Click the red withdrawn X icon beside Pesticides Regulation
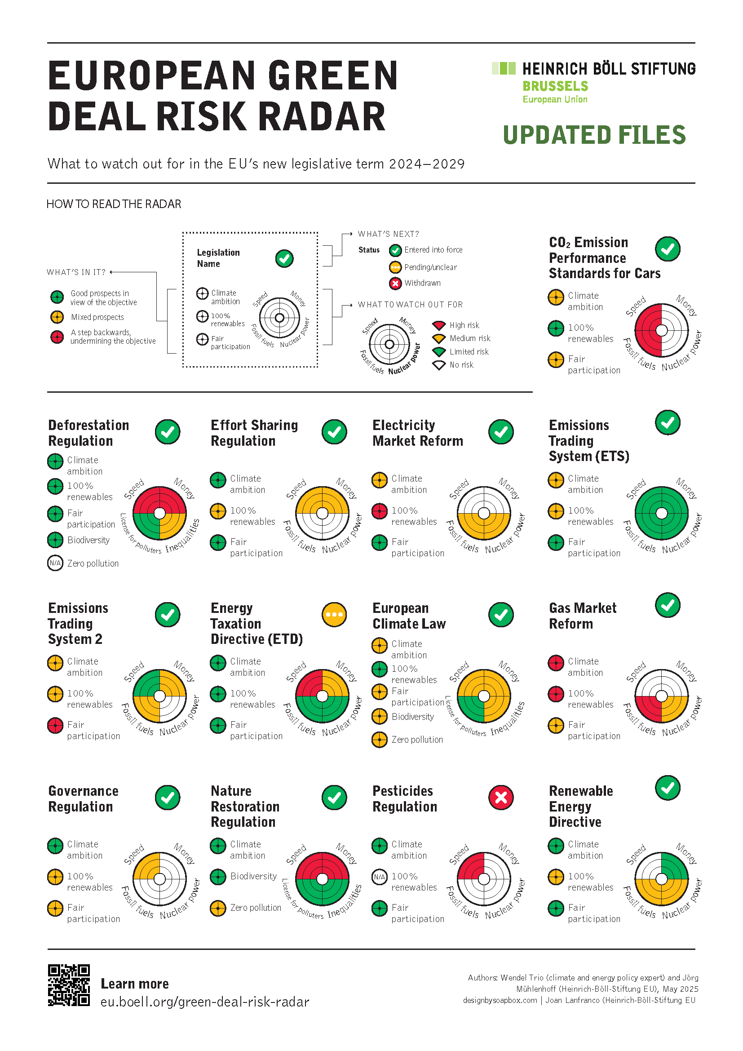(500, 798)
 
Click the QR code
(69, 984)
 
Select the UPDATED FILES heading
(594, 135)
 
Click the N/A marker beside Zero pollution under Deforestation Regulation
(55, 563)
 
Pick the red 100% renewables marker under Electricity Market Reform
(379, 511)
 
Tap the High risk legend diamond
(439, 325)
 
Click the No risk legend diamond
(439, 365)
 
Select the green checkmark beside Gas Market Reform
(668, 605)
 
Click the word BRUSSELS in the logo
(555, 86)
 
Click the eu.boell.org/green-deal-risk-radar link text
(204, 1002)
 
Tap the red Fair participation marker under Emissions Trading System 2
(55, 725)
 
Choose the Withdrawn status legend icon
(395, 284)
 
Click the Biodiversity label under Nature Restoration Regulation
(253, 876)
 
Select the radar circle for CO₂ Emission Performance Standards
(661, 330)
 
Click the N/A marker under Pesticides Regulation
(379, 877)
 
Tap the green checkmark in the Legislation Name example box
(284, 259)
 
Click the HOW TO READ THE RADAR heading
(114, 204)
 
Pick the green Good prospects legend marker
(57, 297)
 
